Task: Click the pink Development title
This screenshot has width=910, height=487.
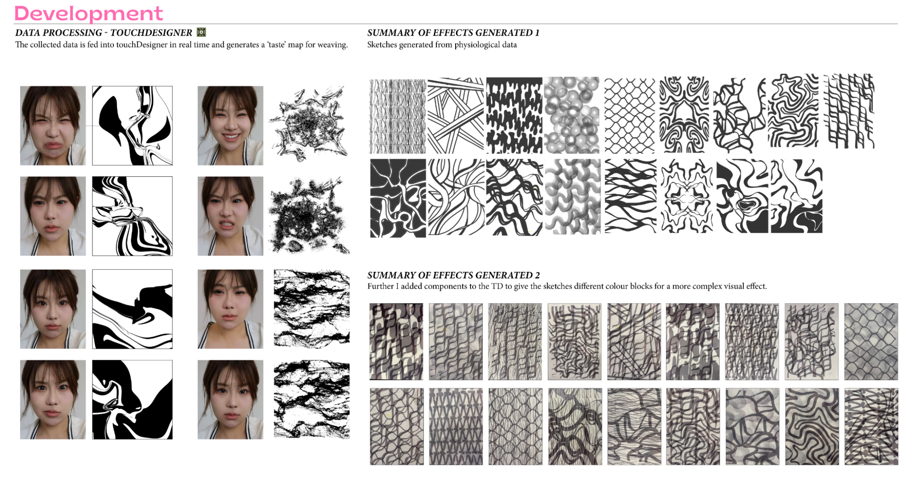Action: [x=89, y=13]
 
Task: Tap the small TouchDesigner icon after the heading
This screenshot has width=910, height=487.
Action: [x=201, y=32]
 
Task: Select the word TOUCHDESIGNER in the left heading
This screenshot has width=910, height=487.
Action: [x=151, y=33]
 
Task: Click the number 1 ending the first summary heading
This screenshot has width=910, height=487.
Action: [x=537, y=33]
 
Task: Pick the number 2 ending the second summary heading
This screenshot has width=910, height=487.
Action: [x=537, y=275]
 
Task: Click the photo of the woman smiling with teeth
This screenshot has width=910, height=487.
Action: [x=230, y=125]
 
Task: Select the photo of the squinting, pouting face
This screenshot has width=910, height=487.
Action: [x=53, y=125]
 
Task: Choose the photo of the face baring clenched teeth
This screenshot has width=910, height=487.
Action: [x=230, y=216]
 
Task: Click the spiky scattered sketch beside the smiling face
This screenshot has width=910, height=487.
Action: [x=308, y=124]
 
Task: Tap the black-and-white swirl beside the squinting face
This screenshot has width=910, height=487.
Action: [x=132, y=125]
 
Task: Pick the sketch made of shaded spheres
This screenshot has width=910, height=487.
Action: [x=572, y=115]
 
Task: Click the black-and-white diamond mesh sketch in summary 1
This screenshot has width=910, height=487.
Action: [x=629, y=115]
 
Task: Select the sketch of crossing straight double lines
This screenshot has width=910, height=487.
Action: [x=456, y=115]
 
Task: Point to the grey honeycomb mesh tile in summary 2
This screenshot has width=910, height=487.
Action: [x=871, y=341]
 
